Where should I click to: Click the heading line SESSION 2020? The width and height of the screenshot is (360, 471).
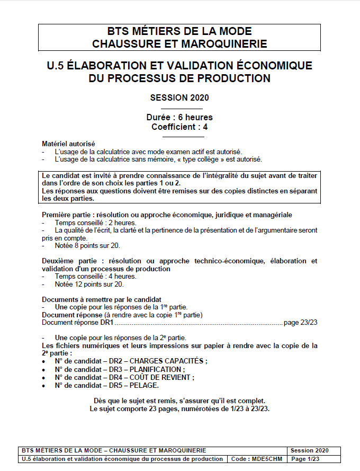click(179, 97)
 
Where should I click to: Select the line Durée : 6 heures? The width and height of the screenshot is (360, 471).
click(179, 117)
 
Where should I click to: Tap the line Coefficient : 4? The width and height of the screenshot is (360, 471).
click(179, 127)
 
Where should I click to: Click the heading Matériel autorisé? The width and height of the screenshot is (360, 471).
click(68, 144)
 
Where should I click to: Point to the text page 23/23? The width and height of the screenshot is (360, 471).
click(301, 322)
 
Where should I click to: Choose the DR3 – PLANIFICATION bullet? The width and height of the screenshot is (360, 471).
click(120, 369)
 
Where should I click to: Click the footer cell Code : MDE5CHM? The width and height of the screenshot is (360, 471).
click(256, 459)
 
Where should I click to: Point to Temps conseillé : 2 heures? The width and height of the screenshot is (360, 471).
click(88, 223)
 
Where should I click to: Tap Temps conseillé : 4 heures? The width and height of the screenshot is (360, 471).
click(88, 276)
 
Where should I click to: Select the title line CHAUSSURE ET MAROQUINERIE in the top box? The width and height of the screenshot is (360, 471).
click(179, 43)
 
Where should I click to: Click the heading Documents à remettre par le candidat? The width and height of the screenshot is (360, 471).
click(102, 299)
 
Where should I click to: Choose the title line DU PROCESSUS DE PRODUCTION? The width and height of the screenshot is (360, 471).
click(179, 78)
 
